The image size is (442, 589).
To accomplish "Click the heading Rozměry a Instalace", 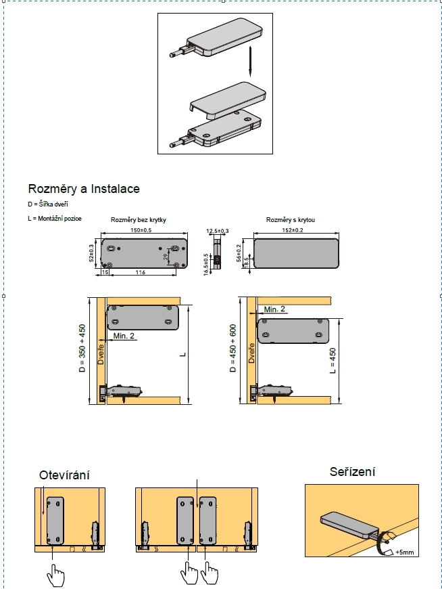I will click(84, 189).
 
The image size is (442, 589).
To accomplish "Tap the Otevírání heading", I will click(64, 475).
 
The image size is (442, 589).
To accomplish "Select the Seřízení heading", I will click(352, 471).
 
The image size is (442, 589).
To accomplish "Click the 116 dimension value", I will click(140, 272).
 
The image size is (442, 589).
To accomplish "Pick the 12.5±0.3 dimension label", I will click(218, 232).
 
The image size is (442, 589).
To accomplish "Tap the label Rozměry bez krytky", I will click(139, 220).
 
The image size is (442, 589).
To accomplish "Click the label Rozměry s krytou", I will click(291, 220).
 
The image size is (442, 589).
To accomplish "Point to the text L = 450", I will click(332, 362).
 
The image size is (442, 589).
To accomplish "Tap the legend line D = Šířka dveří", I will click(48, 204).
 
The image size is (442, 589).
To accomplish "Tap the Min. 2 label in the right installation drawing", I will click(274, 309).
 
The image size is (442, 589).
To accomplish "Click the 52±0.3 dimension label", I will click(92, 250).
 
